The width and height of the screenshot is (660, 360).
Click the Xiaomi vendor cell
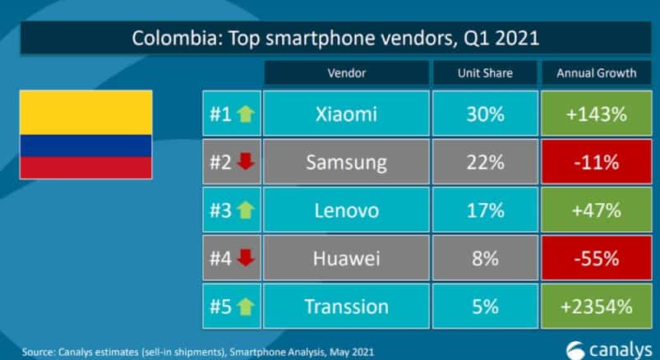(x=346, y=113)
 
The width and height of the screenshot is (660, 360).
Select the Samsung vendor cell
(x=346, y=162)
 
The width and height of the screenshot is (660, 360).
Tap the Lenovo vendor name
(x=346, y=210)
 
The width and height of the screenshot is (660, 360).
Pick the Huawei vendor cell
(x=346, y=258)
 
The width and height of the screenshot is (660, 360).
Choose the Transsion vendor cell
(x=346, y=307)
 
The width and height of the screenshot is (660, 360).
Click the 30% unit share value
(x=485, y=113)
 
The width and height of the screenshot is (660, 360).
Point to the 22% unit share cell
(x=485, y=162)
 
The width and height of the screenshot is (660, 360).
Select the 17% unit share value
(x=485, y=210)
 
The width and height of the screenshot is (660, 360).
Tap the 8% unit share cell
(x=485, y=258)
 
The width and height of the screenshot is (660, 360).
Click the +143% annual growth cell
(x=596, y=113)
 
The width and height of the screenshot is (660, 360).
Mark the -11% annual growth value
(x=596, y=162)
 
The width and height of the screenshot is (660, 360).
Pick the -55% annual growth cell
(x=596, y=258)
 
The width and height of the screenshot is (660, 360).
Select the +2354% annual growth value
(x=596, y=307)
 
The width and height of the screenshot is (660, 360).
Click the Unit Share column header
(x=485, y=73)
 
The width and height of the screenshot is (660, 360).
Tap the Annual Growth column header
(x=596, y=73)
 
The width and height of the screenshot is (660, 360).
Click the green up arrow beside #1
(x=246, y=114)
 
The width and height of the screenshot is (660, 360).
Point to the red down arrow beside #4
(x=246, y=259)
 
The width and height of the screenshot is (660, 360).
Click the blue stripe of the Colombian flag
(x=85, y=146)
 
